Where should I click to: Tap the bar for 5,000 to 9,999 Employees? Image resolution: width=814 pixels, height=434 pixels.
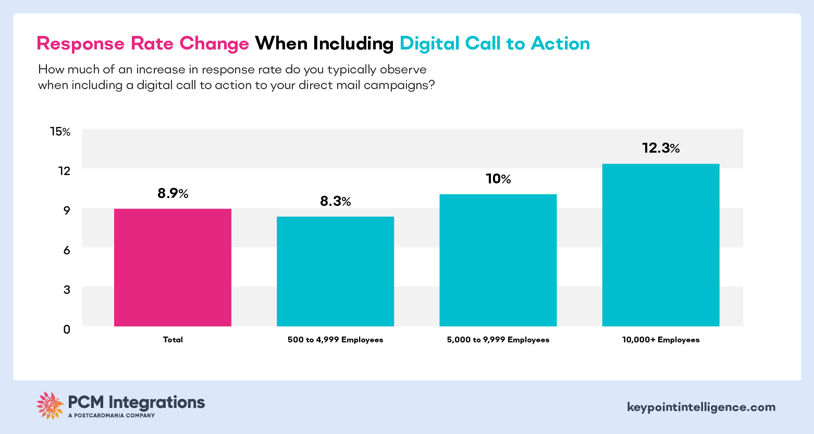coord(498,260)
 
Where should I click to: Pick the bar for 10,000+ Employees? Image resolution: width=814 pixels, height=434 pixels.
coord(660,245)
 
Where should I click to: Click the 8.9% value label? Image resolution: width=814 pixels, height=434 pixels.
coord(172,194)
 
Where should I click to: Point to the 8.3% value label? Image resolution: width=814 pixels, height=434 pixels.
coord(335,202)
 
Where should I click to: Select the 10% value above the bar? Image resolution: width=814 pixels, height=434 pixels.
coord(498,179)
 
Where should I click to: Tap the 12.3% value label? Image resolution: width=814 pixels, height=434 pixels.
coord(660,148)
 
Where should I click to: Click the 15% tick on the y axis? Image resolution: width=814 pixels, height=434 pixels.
coord(59,132)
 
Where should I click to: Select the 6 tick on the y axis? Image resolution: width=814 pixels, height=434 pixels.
coord(67,250)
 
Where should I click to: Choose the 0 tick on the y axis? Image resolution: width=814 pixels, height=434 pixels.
coord(67,329)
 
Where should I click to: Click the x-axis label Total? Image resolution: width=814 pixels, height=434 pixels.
coord(172,340)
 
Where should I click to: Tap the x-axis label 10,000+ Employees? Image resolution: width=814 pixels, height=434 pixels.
coord(660,340)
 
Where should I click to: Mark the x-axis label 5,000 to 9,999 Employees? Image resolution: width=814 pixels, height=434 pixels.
coord(498,340)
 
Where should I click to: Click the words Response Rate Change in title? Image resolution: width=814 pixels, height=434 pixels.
coord(143,44)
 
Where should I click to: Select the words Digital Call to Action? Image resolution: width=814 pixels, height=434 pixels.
coord(495,44)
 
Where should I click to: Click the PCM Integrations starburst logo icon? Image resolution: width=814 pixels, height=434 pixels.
coord(50,405)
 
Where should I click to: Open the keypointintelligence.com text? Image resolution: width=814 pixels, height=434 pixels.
coord(701,407)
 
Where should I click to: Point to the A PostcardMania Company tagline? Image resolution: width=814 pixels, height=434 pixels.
coord(112,416)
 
